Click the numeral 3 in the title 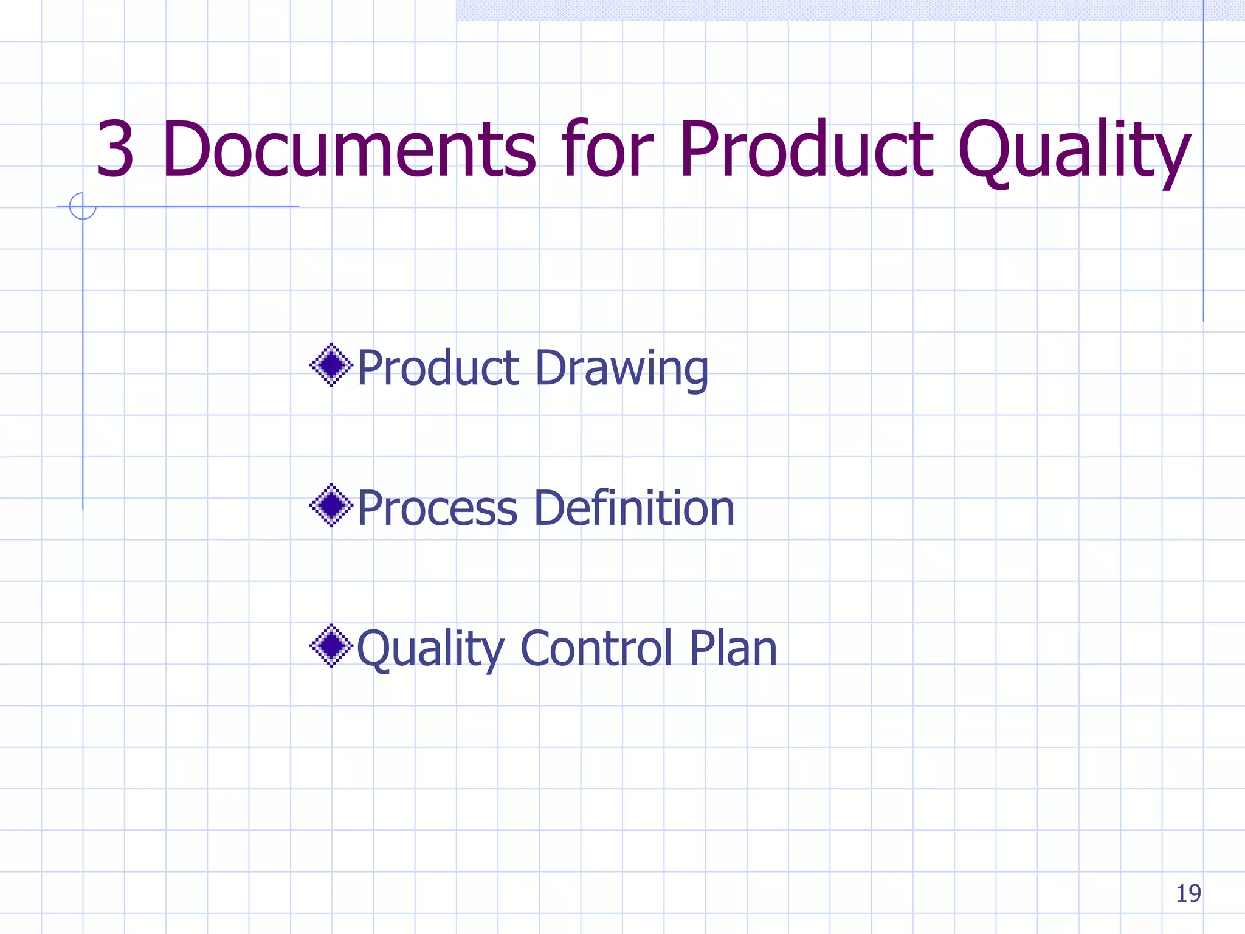(115, 150)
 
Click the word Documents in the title (350, 150)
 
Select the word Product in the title (805, 150)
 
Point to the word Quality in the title (1073, 152)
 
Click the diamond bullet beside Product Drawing (331, 365)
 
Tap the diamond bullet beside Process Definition (331, 505)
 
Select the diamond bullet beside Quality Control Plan (331, 646)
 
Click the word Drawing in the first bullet (622, 370)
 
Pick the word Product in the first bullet (438, 368)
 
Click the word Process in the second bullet (437, 508)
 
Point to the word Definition (635, 508)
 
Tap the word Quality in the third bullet (430, 649)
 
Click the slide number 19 (1188, 893)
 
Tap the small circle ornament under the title (83, 206)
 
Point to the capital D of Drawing (551, 368)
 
